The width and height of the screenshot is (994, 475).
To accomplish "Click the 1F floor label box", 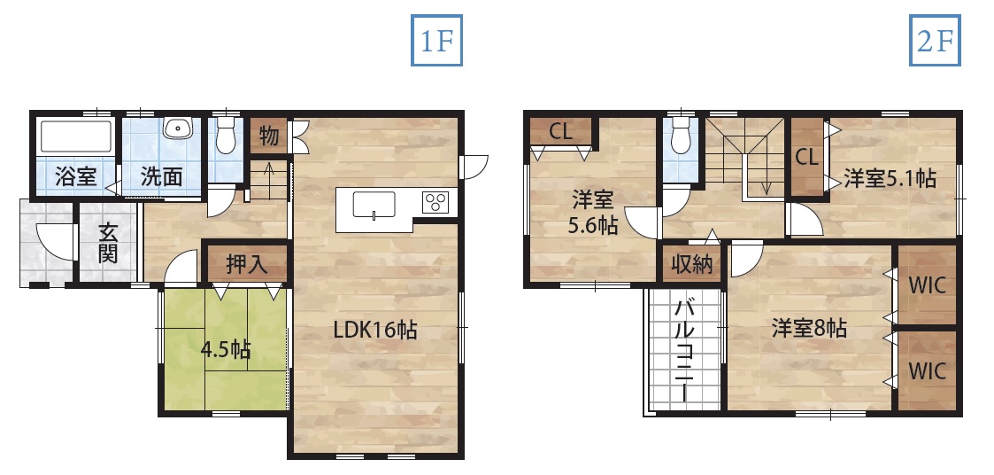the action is tap(436, 40).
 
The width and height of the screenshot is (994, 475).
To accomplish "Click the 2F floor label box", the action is tap(935, 40).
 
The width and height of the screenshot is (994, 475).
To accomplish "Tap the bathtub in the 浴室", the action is tap(76, 136).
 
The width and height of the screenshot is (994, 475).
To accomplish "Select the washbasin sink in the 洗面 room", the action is tap(177, 128).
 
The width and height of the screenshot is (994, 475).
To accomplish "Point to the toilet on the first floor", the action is tap(225, 134).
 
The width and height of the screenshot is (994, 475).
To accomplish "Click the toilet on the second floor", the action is tap(681, 135).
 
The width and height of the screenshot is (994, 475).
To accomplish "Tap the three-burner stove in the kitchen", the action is tap(435, 202).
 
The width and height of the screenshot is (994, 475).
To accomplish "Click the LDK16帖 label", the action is tap(375, 330).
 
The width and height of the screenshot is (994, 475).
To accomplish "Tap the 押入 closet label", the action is tap(247, 264).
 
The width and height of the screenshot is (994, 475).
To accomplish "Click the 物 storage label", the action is tap(269, 136).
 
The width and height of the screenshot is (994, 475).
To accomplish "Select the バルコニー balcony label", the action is tap(683, 350).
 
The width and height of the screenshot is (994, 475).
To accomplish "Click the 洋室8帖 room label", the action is tap(809, 328).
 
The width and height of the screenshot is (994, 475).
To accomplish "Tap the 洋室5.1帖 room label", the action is tap(890, 179).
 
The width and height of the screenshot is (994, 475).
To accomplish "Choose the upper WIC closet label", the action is tap(928, 285).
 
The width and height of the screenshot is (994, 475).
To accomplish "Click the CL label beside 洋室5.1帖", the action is tap(806, 157).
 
